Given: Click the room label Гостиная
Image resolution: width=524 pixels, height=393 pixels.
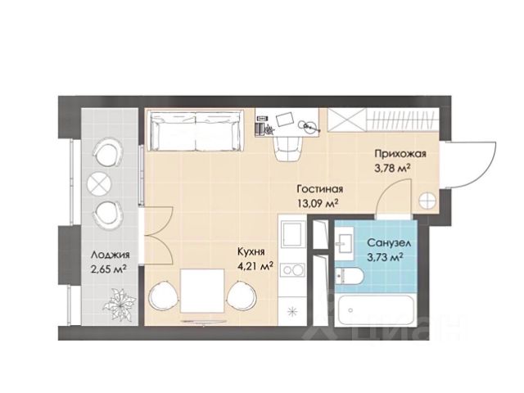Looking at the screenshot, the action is (x=320, y=189).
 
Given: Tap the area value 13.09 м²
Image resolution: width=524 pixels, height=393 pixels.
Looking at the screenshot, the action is (x=316, y=203).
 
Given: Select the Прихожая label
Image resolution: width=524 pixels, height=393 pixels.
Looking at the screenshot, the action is (x=400, y=154).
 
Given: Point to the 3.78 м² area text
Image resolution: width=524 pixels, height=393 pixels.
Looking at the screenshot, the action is (x=392, y=168).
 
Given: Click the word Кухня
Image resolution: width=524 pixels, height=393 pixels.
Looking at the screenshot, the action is (x=251, y=251).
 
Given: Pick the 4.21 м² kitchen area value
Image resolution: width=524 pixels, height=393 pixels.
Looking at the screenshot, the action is (x=255, y=266).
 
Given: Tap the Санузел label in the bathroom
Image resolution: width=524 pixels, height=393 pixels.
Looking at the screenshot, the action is (x=389, y=243).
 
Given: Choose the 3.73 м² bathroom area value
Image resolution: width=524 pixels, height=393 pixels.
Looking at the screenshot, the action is (x=385, y=257).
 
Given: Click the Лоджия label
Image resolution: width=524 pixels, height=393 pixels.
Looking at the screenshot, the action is (x=110, y=255).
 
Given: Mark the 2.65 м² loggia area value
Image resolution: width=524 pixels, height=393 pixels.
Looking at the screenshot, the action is (x=109, y=269).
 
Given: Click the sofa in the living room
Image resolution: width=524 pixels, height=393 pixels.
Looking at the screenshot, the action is (x=196, y=131).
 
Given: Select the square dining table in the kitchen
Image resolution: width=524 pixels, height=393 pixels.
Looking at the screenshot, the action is (x=202, y=291).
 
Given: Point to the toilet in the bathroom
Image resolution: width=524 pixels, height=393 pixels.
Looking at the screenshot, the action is (x=349, y=276).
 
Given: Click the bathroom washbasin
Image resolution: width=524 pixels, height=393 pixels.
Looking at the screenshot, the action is (x=344, y=242).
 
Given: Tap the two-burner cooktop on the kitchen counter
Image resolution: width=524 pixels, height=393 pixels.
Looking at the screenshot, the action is (x=293, y=269).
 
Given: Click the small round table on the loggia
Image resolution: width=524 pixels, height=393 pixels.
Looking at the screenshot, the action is (x=98, y=183).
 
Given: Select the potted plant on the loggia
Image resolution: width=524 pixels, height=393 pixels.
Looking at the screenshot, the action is (x=120, y=304).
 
